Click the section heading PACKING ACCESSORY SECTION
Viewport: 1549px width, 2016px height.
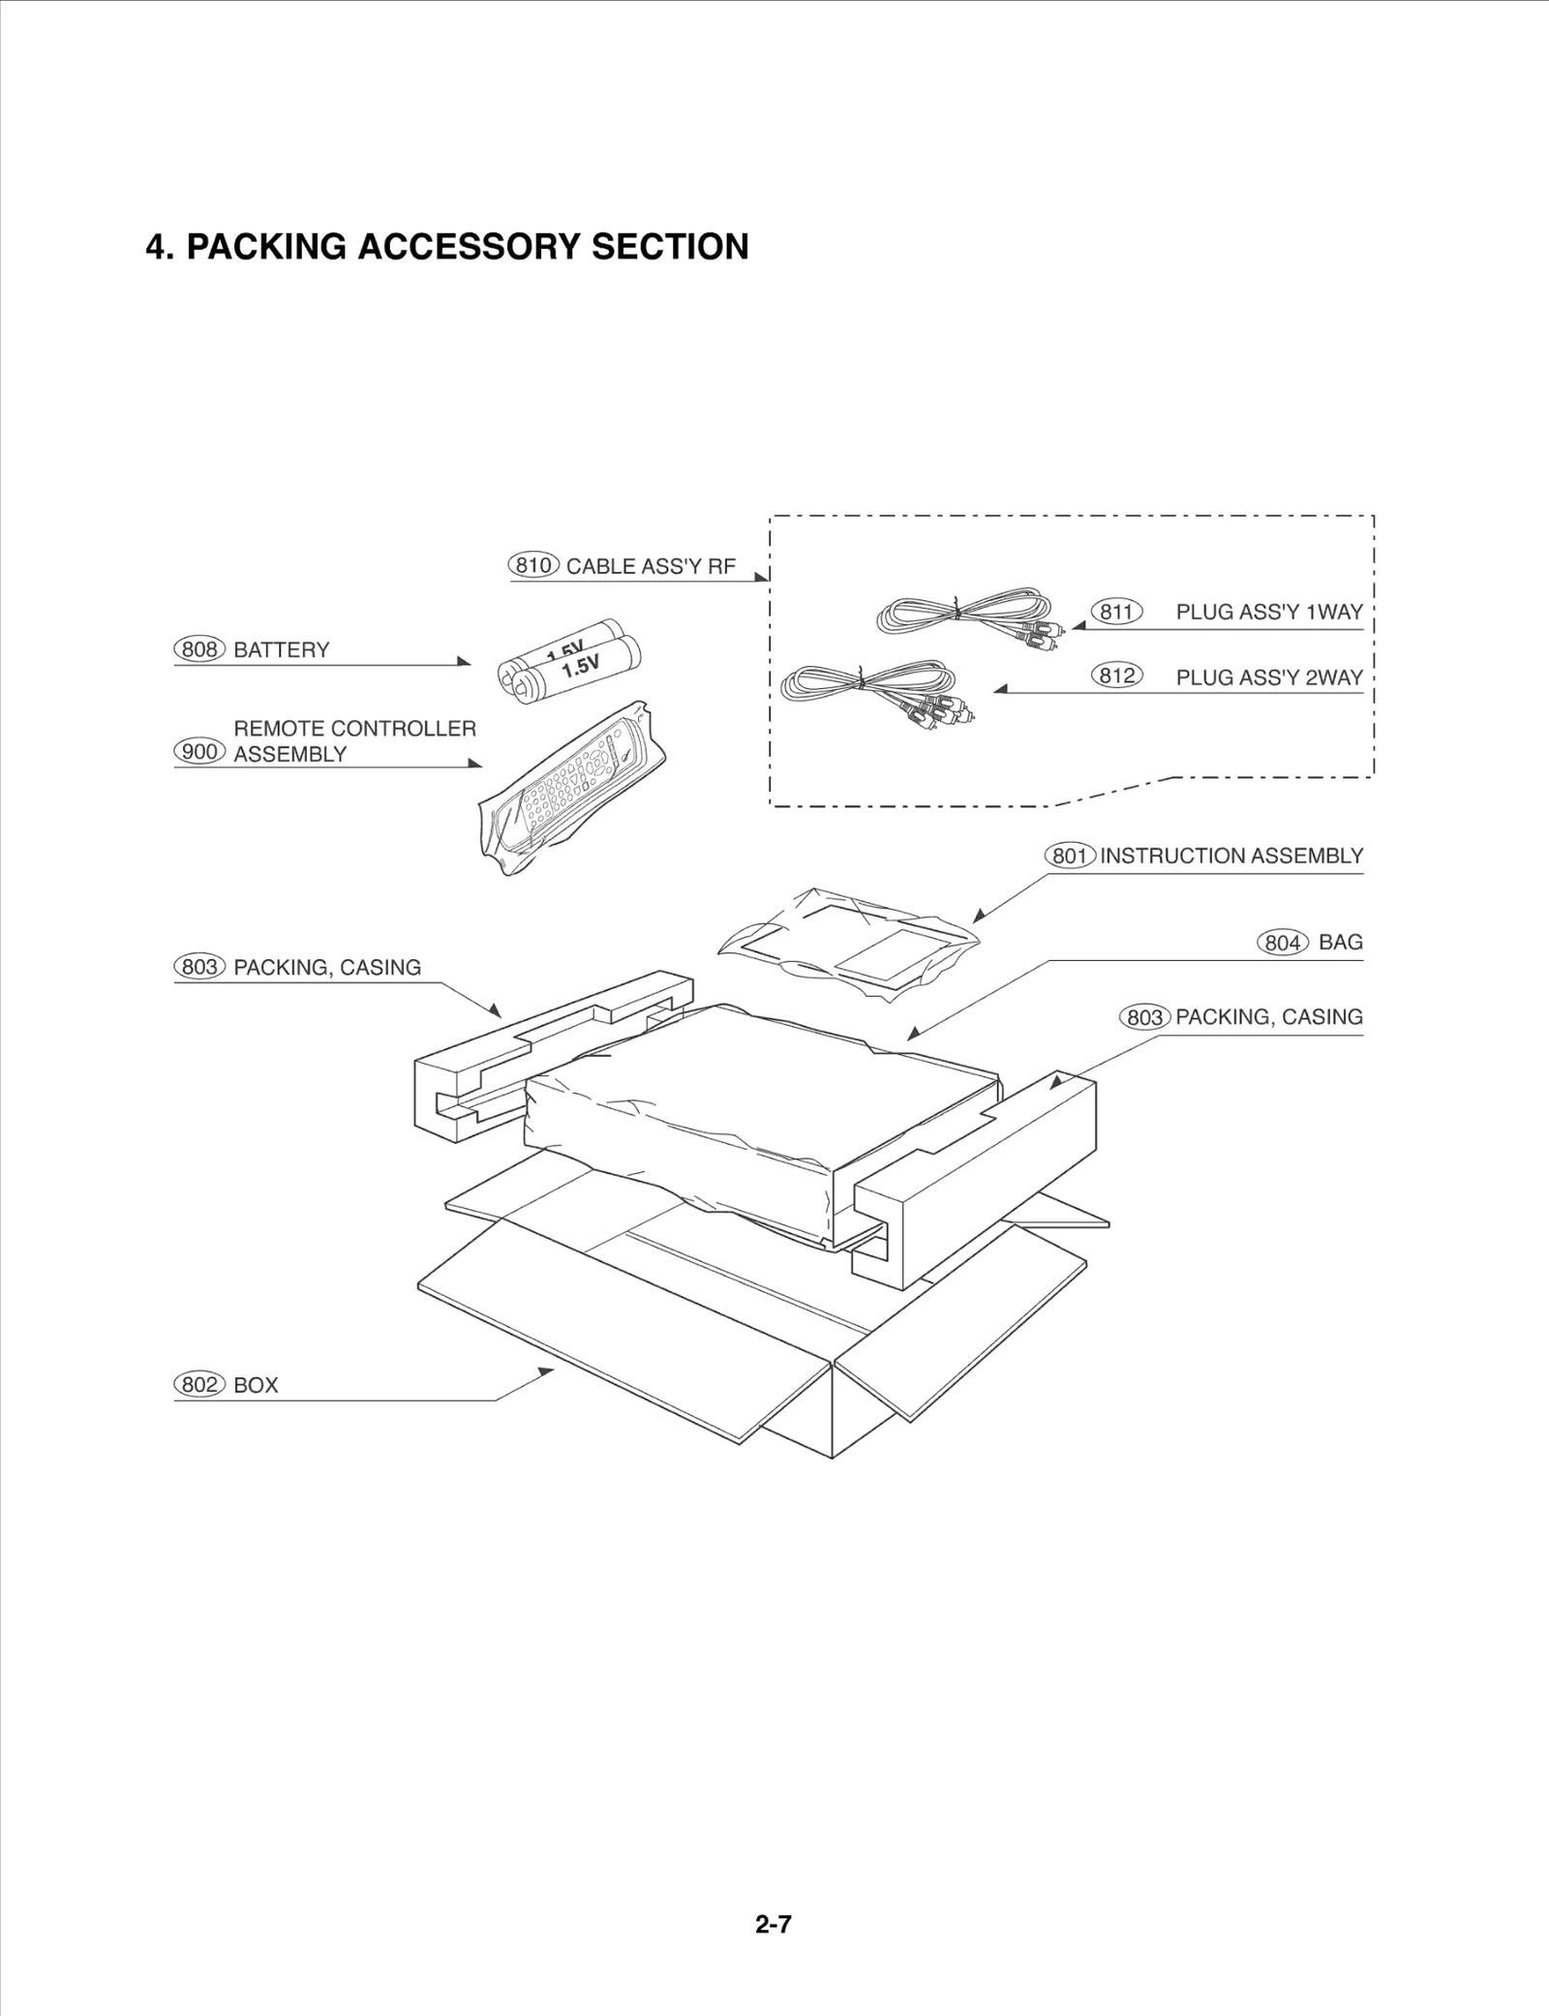446,247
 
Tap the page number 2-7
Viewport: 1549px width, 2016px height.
773,1924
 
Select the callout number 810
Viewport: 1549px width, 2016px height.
533,565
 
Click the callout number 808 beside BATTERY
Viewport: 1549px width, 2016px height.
199,649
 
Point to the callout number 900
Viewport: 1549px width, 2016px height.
199,752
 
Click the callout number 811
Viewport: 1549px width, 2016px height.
1116,612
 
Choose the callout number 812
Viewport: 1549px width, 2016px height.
1116,676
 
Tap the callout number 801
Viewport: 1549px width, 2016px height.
1070,857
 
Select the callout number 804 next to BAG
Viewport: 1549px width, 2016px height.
1283,943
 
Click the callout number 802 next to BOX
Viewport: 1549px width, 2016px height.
199,1385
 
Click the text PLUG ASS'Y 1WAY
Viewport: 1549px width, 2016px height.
1268,612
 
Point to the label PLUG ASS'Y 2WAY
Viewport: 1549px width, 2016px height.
1268,677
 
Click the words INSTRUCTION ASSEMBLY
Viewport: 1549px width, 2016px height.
1230,856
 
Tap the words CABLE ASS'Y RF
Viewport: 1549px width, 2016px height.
651,566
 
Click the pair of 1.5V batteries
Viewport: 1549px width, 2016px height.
571,662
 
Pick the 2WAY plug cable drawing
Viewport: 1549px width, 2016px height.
876,687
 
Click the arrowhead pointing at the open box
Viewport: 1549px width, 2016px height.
547,1370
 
